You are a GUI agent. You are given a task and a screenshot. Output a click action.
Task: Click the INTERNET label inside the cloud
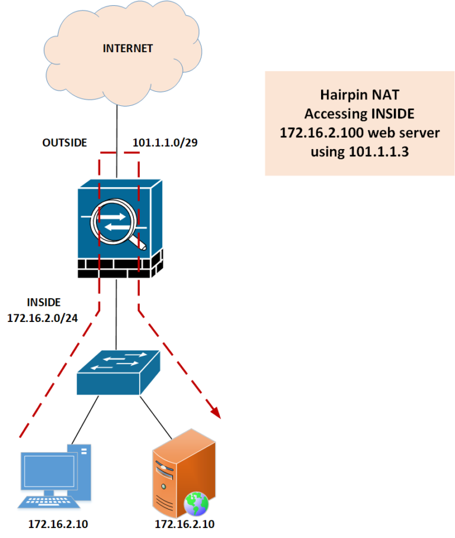tap(127, 49)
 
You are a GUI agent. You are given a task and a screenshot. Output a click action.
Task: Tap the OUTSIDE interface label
tap(65, 143)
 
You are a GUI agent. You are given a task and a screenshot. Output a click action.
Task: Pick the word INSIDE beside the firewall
tap(43, 302)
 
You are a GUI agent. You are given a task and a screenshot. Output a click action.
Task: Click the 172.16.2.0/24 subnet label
tap(42, 318)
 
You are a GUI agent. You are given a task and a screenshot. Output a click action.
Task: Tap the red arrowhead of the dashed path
tap(214, 410)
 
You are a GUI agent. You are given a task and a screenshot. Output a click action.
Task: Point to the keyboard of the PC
tap(49, 502)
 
